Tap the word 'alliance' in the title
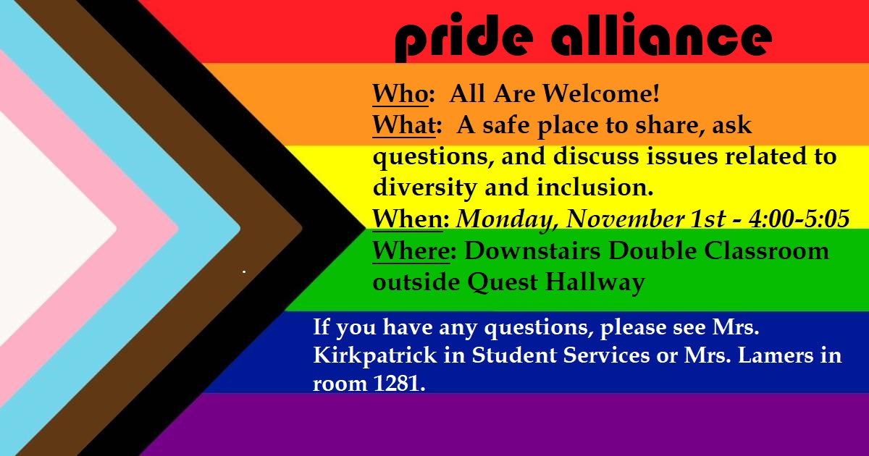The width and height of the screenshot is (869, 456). click(661, 34)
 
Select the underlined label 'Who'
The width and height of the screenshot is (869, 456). click(400, 94)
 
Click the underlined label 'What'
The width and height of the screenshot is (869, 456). click(404, 124)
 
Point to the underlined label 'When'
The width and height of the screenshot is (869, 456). click(407, 219)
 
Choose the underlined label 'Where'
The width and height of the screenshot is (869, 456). click(411, 250)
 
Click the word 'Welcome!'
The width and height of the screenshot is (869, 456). click(601, 93)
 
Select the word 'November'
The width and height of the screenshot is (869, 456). click(625, 219)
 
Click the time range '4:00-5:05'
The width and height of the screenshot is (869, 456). click(799, 219)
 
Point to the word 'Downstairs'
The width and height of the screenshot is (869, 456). click(532, 250)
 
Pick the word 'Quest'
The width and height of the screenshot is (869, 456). click(503, 282)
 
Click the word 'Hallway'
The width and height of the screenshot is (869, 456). click(595, 283)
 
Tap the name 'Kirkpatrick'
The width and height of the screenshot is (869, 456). click(375, 355)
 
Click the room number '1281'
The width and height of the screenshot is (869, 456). click(398, 383)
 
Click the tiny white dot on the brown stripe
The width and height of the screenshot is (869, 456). click(244, 272)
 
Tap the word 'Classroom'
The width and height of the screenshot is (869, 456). click(766, 250)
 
